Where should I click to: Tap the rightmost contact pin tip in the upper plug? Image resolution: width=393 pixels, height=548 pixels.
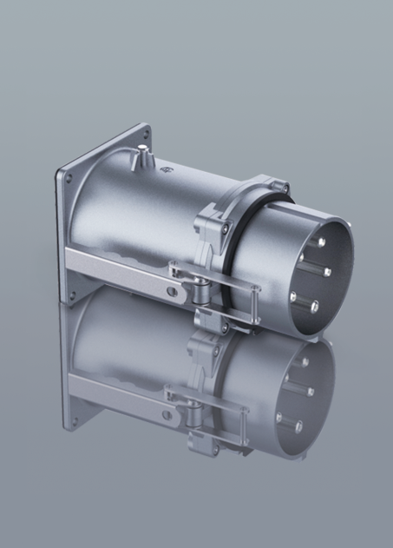pos(327,272)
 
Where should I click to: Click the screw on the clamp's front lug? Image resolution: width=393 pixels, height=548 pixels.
pos(203,228)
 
